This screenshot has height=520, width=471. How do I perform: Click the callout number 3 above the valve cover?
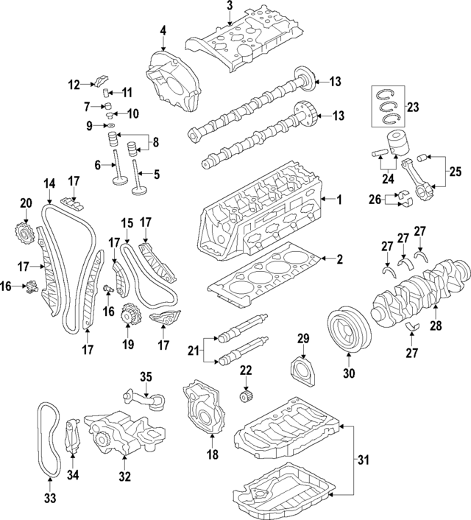click(230, 7)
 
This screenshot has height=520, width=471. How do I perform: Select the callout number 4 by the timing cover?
click(163, 31)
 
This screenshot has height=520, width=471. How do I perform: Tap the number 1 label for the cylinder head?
click(340, 199)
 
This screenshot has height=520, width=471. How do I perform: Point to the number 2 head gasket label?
click(340, 259)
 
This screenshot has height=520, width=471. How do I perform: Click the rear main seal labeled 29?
click(300, 368)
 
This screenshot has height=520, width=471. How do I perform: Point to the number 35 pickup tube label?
click(146, 377)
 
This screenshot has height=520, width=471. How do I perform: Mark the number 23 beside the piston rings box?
click(412, 107)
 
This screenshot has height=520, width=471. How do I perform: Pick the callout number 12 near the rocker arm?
click(74, 85)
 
